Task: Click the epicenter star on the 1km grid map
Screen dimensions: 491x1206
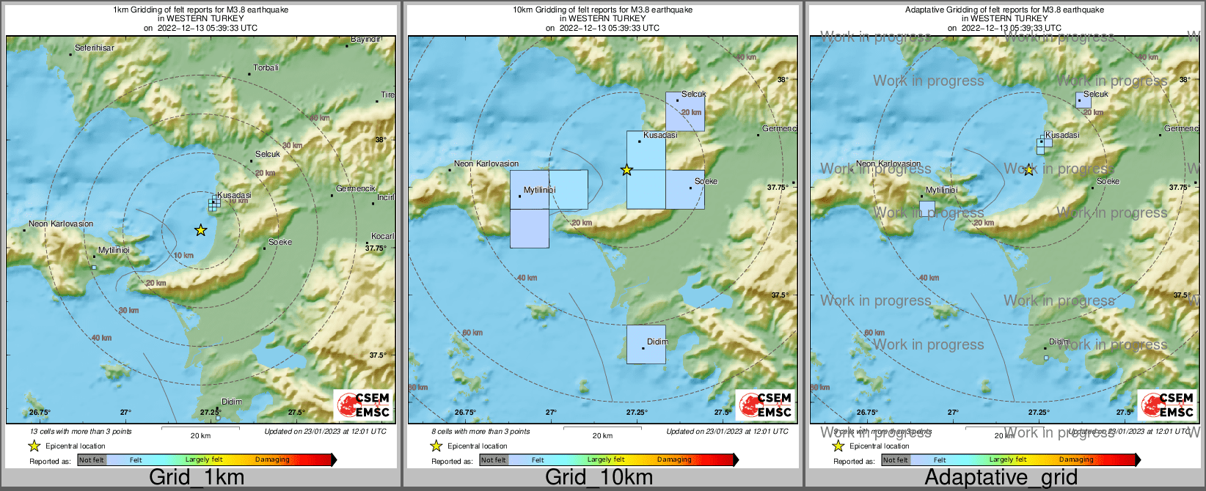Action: click(200, 230)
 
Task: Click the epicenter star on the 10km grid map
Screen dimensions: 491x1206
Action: click(626, 170)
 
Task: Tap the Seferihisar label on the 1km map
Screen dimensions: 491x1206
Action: click(95, 48)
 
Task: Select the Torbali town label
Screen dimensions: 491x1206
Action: click(266, 67)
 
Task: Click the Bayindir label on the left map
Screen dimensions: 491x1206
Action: click(365, 39)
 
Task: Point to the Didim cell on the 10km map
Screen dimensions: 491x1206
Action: click(646, 344)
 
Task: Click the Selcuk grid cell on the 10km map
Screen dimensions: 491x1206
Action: click(684, 111)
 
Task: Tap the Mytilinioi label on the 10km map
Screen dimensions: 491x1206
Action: click(539, 190)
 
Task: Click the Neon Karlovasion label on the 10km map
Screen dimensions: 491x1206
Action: click(486, 163)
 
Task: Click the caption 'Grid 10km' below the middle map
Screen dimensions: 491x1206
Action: click(599, 478)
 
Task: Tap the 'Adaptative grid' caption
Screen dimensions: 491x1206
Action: click(1001, 478)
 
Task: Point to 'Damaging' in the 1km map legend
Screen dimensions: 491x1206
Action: click(272, 459)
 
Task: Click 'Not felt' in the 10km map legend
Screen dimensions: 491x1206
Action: click(493, 460)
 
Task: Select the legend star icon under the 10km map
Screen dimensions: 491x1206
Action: click(436, 446)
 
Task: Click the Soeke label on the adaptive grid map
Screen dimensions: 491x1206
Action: click(1108, 181)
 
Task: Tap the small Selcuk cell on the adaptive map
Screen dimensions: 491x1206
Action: click(1083, 100)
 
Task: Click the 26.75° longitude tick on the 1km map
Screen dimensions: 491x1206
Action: click(40, 412)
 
